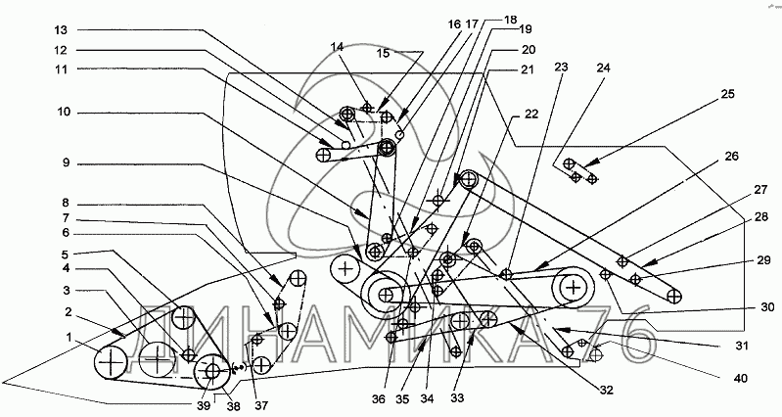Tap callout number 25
(727, 94)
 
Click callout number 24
(600, 69)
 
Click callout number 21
(527, 69)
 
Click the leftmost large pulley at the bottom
(113, 364)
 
